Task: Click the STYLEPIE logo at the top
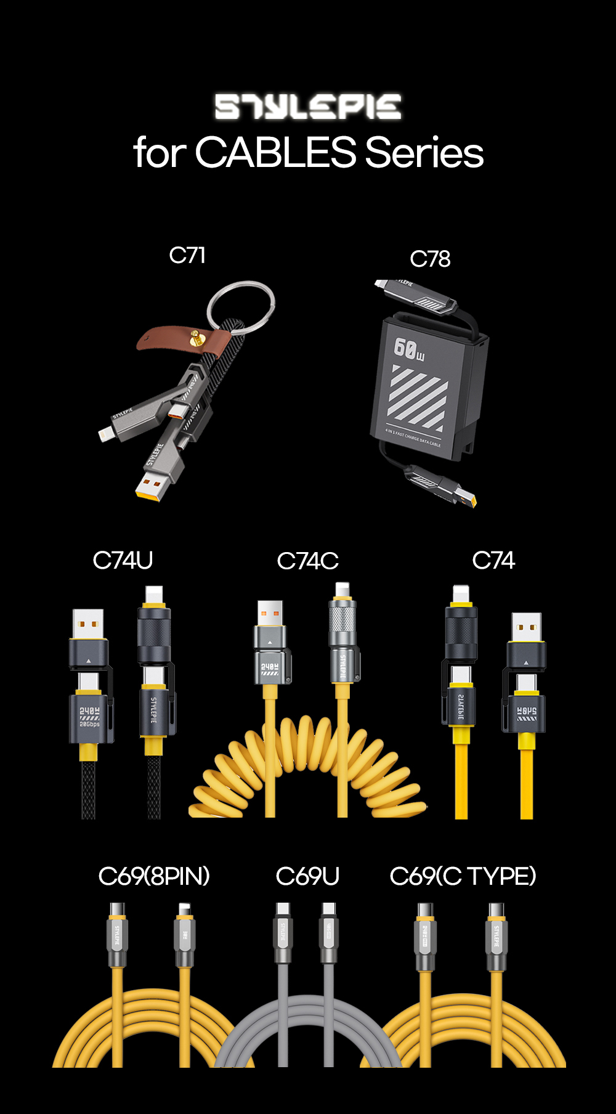tap(308, 107)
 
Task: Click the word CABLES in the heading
tap(275, 152)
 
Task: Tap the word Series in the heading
tap(424, 152)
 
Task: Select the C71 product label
tap(187, 255)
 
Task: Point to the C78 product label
tap(430, 259)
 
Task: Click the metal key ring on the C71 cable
tap(241, 306)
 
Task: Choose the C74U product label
tap(123, 560)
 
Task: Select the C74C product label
tap(307, 561)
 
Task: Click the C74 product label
tap(493, 560)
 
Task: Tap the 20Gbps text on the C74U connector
tap(89, 724)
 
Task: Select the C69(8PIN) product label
tap(154, 876)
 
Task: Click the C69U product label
tap(307, 876)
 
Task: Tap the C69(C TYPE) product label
tap(463, 876)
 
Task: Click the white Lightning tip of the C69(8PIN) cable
tap(184, 909)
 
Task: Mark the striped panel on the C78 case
tap(419, 397)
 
